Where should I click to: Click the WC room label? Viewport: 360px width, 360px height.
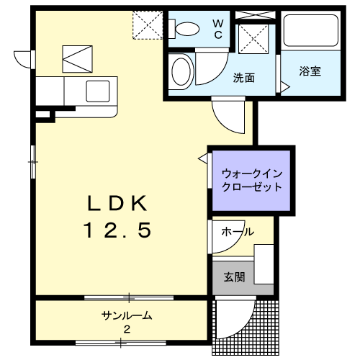[x=218, y=30]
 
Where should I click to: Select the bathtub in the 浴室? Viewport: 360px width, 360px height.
[x=311, y=30]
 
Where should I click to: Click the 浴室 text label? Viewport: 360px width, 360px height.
[x=310, y=71]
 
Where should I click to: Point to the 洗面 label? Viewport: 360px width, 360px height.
[x=244, y=78]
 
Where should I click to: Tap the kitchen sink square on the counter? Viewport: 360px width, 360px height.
[x=98, y=91]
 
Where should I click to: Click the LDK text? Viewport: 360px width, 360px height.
[x=117, y=203]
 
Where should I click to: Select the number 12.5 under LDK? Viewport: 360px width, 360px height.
[x=117, y=230]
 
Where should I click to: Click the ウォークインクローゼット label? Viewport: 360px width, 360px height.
[x=251, y=180]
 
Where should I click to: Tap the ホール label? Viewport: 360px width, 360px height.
[x=238, y=232]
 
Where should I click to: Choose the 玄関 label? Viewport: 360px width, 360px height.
[x=234, y=277]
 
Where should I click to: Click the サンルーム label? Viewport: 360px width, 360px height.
[x=127, y=315]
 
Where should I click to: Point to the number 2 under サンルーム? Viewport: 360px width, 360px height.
[x=127, y=329]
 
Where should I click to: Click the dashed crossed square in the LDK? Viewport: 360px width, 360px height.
[x=148, y=25]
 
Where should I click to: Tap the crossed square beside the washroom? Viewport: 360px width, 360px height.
[x=253, y=39]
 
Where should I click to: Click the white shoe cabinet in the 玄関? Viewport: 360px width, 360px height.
[x=264, y=264]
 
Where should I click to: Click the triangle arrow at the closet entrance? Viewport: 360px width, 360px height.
[x=203, y=158]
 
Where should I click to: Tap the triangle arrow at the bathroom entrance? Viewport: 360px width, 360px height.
[x=285, y=86]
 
